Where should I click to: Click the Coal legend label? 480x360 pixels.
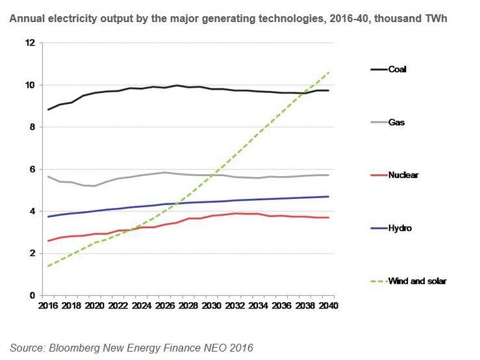point(397,70)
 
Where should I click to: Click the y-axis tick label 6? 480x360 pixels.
point(32,169)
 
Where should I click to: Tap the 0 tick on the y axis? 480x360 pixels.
point(32,296)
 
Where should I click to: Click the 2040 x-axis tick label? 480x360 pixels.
point(328,305)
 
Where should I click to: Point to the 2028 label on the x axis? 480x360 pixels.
point(188,305)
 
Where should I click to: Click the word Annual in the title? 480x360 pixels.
point(25,19)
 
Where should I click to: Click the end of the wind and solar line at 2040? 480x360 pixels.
point(329,72)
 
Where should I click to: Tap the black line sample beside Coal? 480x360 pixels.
point(378,70)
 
